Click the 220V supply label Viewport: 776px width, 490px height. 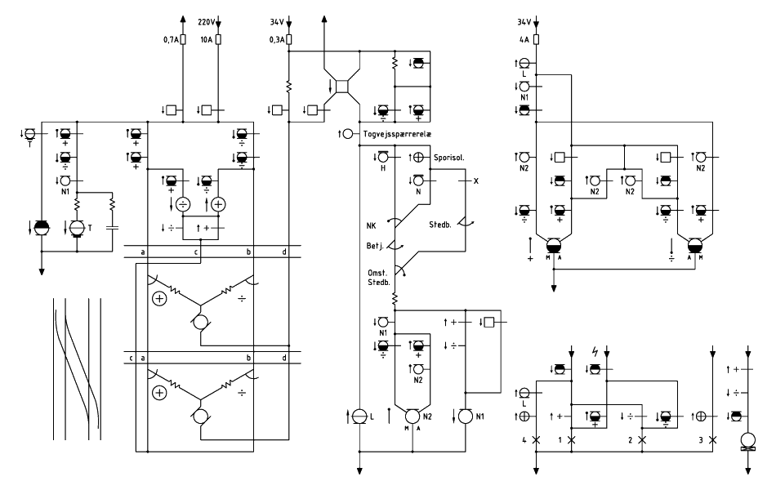pyautogui.click(x=207, y=22)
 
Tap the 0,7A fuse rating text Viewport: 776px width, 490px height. pyautogui.click(x=171, y=39)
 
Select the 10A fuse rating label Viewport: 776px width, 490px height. pyautogui.click(x=207, y=39)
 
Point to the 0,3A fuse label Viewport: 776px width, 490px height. pyautogui.click(x=277, y=39)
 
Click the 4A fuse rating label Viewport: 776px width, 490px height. pyautogui.click(x=524, y=39)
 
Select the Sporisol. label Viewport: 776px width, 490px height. pyautogui.click(x=449, y=158)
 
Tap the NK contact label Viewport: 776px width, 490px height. pyautogui.click(x=371, y=226)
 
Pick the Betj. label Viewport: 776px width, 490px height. pyautogui.click(x=375, y=246)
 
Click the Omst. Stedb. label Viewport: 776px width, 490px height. pyautogui.click(x=379, y=278)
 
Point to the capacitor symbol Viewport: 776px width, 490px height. pyautogui.click(x=113, y=228)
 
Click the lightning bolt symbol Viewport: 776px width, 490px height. pyautogui.click(x=595, y=352)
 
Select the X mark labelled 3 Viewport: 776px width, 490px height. pyautogui.click(x=712, y=439)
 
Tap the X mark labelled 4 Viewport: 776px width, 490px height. pyautogui.click(x=536, y=439)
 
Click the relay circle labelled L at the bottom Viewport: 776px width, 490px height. pyautogui.click(x=359, y=416)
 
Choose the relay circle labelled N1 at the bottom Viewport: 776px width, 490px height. pyautogui.click(x=466, y=416)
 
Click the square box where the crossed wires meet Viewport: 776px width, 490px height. pyautogui.click(x=342, y=86)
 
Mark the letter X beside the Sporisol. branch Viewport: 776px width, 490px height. pyautogui.click(x=476, y=181)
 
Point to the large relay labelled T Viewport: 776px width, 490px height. pyautogui.click(x=77, y=228)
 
